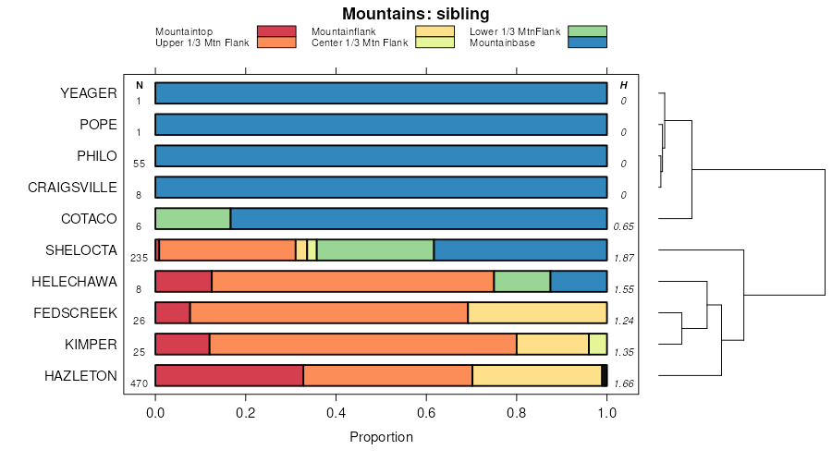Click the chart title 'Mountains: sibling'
coord(415,14)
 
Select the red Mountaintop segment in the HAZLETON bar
coord(229,375)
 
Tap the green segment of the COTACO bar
coord(192,218)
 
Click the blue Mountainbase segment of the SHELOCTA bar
coord(520,249)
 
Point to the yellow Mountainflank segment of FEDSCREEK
coord(537,312)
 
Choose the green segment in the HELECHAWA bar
coord(522,281)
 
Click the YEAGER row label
coord(88,92)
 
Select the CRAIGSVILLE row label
coord(72,187)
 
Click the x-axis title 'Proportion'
coord(381,437)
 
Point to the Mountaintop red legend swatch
coord(276,31)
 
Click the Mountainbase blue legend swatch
coord(588,43)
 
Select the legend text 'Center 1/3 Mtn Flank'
coord(360,43)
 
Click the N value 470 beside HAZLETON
coord(139,383)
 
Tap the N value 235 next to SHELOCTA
coord(139,258)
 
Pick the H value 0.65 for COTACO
coord(624,226)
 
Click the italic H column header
coord(624,85)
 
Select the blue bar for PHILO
coord(381,155)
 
